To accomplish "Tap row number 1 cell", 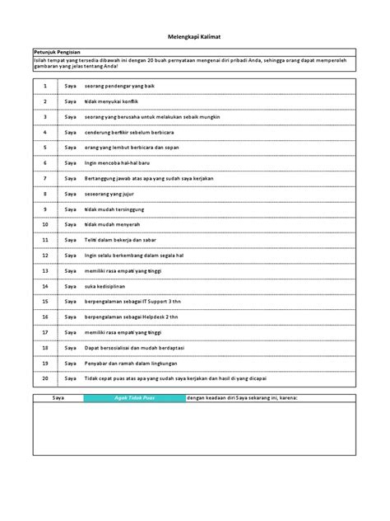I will click(x=44, y=85).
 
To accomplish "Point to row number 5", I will click(x=44, y=147).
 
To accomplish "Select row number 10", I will click(x=44, y=224).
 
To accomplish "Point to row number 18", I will click(x=44, y=347).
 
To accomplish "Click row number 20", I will click(x=44, y=378).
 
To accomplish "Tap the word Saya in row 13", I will click(x=69, y=270).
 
